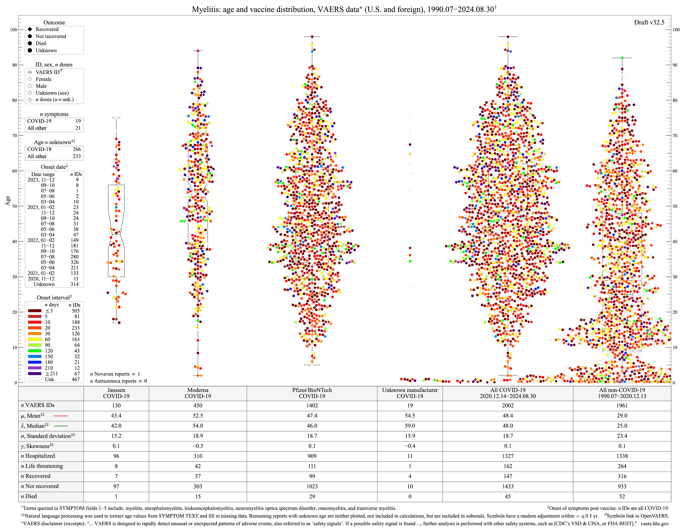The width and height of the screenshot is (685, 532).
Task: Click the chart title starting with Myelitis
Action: click(344, 9)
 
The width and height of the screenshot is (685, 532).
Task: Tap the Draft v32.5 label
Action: click(649, 22)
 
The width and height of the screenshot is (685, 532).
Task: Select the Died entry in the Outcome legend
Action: click(41, 43)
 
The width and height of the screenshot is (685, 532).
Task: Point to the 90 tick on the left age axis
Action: click(14, 65)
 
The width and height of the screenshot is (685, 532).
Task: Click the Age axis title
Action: click(8, 201)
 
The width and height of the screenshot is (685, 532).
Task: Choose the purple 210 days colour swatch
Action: click(35, 368)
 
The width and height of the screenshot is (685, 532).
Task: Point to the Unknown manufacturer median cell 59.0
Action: click(410, 426)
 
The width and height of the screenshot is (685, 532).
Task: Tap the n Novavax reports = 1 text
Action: click(115, 374)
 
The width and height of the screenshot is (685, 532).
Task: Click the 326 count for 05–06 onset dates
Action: click(74, 262)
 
